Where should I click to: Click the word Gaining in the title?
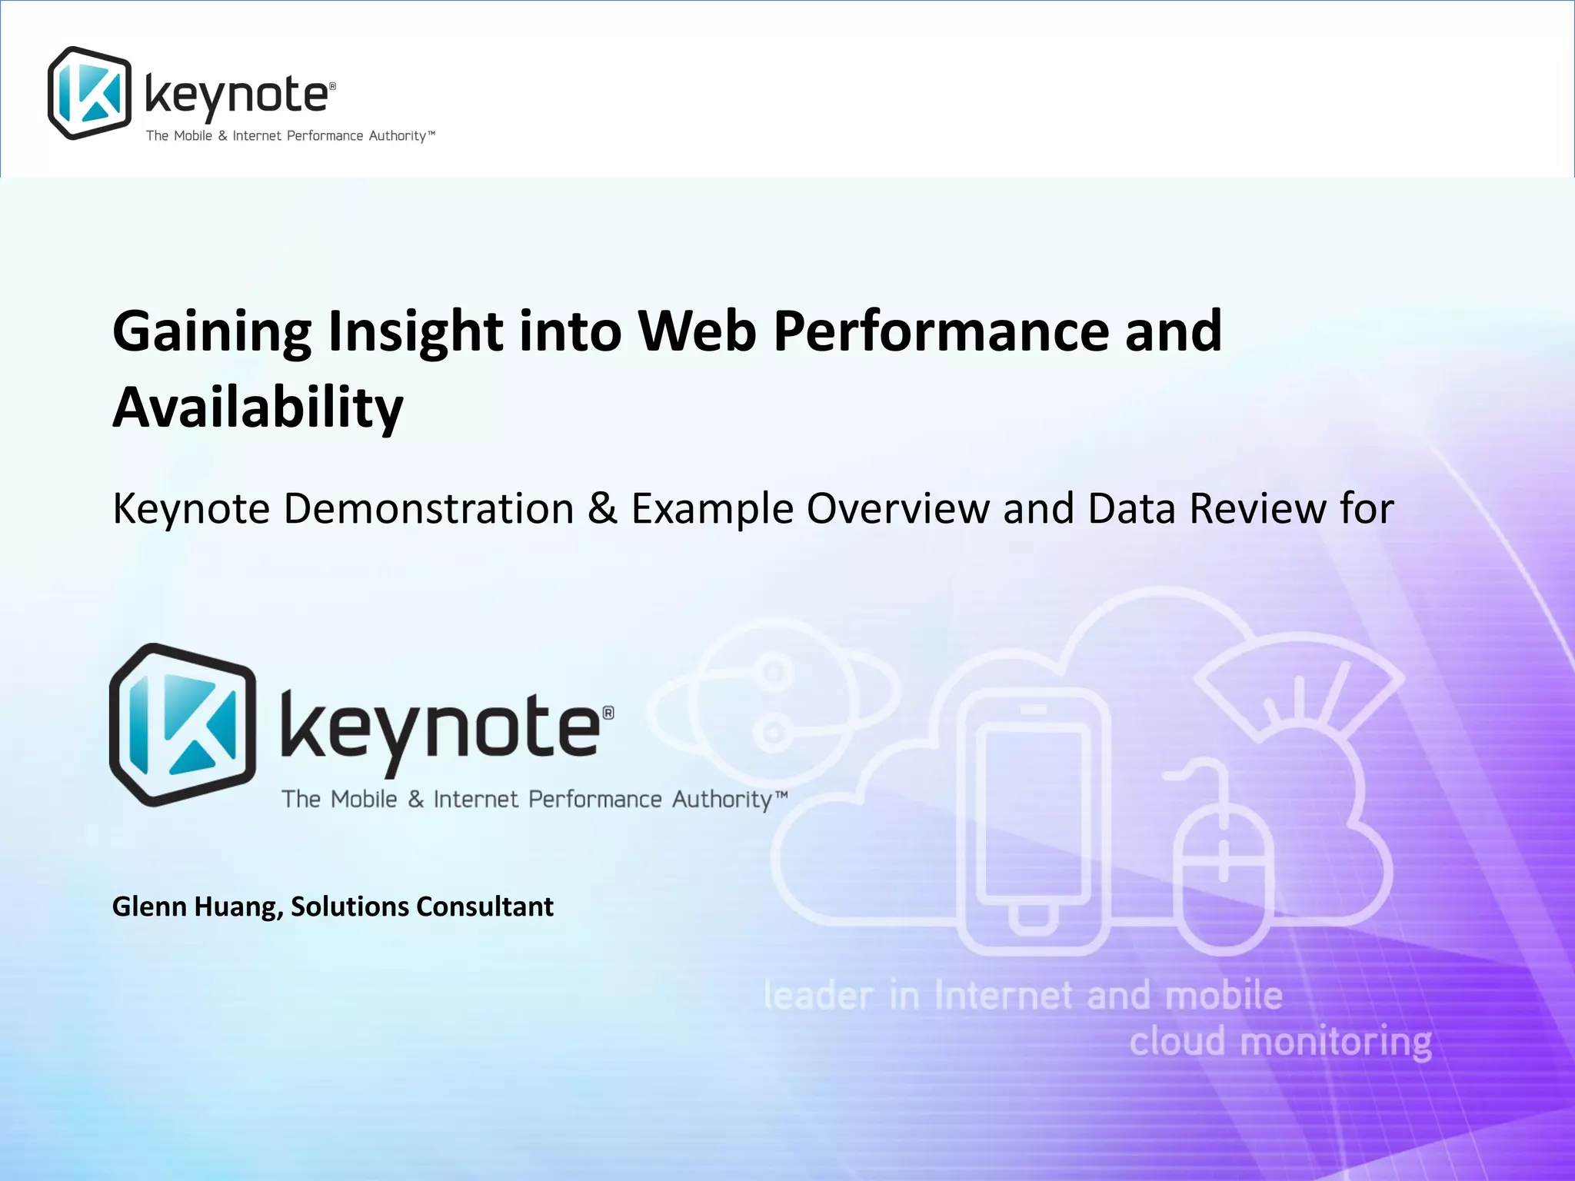click(211, 332)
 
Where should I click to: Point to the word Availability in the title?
click(258, 408)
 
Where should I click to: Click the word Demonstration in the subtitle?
click(428, 508)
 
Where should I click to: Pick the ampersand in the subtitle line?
click(602, 508)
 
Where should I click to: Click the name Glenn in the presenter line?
click(149, 907)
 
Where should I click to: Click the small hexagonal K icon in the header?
click(89, 93)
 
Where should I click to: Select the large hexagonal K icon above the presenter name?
click(183, 724)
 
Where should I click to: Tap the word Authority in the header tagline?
click(397, 136)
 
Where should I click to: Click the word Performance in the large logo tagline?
click(594, 800)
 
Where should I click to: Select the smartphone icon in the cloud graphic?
click(1034, 819)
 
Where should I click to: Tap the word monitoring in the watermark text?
click(1335, 1043)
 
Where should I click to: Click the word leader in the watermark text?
click(818, 996)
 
